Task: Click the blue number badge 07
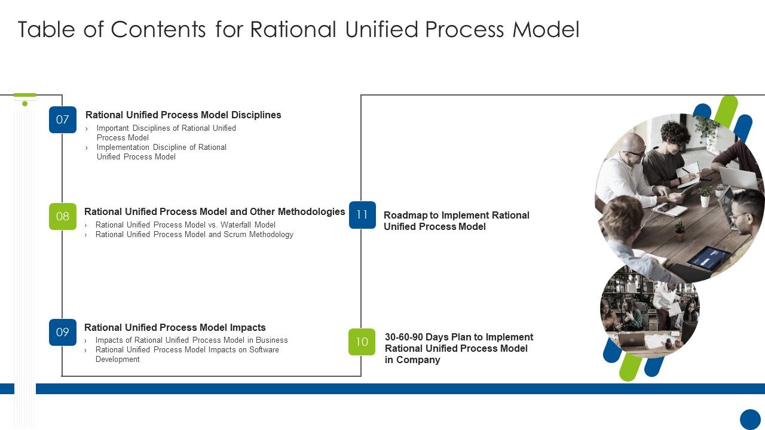tap(63, 119)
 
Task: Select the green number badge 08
tap(63, 216)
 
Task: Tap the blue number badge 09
tap(63, 332)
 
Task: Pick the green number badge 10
tap(362, 342)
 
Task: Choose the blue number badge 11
tap(362, 215)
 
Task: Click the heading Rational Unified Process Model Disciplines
tap(183, 115)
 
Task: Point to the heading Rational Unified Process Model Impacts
tap(175, 327)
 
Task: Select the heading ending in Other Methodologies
tap(215, 211)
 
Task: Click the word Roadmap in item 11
tap(405, 215)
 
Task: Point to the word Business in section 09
tap(271, 340)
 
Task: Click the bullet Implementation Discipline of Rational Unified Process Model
tap(161, 152)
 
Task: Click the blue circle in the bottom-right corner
tap(750, 419)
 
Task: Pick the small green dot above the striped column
tap(25, 104)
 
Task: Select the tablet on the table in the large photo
tap(708, 257)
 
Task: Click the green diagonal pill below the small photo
tap(631, 366)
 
